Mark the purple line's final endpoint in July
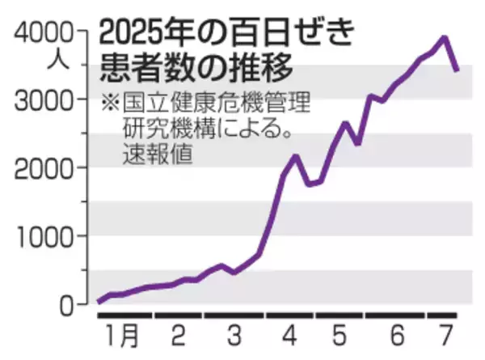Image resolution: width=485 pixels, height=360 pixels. [458, 70]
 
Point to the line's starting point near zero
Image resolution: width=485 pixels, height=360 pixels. [98, 302]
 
